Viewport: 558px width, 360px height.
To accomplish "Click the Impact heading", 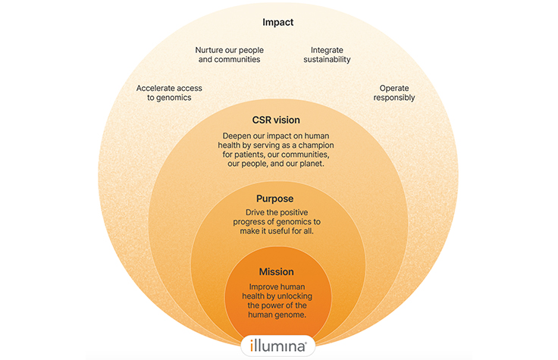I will click(x=277, y=23).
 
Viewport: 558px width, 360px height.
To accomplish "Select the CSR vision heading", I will click(x=276, y=120).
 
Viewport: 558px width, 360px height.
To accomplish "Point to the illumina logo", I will click(x=278, y=346).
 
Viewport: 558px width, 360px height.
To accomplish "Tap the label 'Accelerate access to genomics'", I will click(x=169, y=92).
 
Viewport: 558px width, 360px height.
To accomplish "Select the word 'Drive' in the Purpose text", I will click(x=258, y=212).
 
